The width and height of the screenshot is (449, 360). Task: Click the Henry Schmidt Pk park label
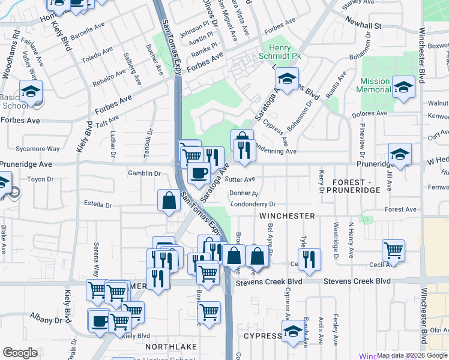click(280, 52)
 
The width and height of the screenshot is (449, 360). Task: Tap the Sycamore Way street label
click(38, 148)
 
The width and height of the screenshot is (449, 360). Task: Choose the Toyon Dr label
click(41, 179)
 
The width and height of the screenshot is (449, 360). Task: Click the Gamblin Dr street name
click(144, 173)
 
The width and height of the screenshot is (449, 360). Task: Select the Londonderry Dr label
click(252, 205)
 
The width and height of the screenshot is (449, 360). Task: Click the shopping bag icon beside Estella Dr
click(169, 200)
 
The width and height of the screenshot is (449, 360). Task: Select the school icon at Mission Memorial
click(403, 86)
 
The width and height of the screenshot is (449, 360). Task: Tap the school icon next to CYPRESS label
click(292, 332)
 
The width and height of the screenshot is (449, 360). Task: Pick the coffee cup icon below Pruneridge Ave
click(198, 173)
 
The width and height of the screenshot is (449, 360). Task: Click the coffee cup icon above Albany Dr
click(99, 320)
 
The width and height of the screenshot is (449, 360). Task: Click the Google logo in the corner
click(20, 353)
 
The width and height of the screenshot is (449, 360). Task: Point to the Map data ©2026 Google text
click(412, 355)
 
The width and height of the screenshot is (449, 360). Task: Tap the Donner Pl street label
click(243, 194)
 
